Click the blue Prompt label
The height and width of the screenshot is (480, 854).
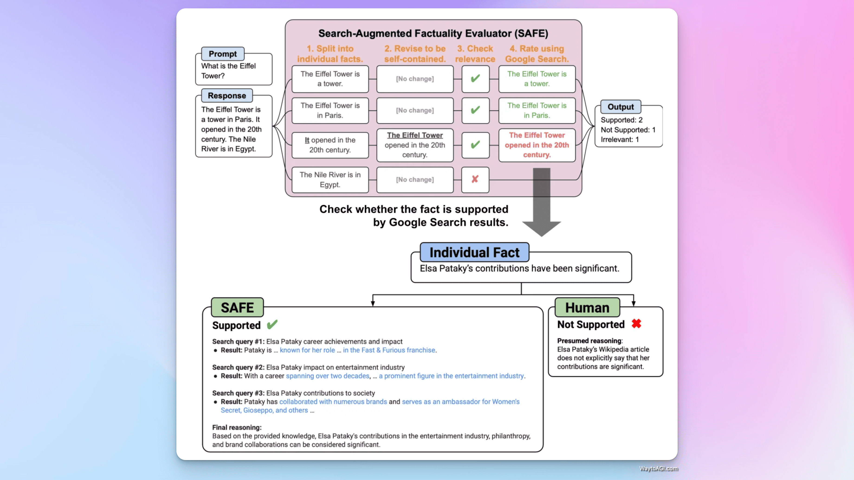tap(223, 54)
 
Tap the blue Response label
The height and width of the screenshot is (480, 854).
tap(227, 95)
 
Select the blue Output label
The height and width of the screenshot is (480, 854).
tap(620, 107)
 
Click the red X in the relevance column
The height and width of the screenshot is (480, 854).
tap(475, 179)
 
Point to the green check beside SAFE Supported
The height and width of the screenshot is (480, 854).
tap(272, 324)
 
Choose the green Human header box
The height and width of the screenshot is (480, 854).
tap(587, 307)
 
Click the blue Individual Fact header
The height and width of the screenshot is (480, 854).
tap(474, 253)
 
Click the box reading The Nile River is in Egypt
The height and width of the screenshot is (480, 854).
tap(330, 179)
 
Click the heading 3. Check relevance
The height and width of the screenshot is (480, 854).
tap(475, 54)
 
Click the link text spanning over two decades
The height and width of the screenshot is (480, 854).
tap(327, 376)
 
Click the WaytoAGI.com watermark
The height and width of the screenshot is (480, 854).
tap(658, 468)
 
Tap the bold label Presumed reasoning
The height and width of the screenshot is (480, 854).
tap(589, 341)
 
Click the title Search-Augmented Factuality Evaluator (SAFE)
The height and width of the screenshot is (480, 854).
tap(433, 33)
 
